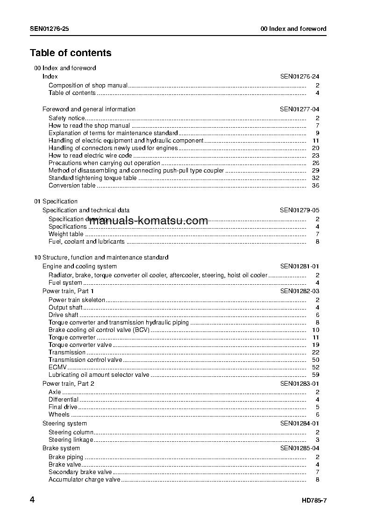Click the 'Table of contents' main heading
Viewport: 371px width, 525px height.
[71, 53]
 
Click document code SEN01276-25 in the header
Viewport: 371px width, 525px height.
[50, 29]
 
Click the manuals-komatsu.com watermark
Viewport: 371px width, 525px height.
[148, 221]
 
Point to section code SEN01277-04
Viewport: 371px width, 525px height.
[300, 109]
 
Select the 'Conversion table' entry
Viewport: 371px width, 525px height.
[72, 186]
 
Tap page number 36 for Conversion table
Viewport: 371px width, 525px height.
[315, 186]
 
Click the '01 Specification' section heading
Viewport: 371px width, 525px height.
[56, 201]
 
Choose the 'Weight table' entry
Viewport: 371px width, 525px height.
[66, 234]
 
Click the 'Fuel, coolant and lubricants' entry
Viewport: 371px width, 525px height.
[86, 242]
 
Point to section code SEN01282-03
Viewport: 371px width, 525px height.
[300, 291]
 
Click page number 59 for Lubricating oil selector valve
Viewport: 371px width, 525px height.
[315, 375]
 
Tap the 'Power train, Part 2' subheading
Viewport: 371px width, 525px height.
[68, 384]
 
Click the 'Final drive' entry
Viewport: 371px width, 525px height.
[63, 407]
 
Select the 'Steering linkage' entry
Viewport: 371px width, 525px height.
[71, 440]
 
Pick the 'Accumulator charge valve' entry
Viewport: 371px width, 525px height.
[84, 480]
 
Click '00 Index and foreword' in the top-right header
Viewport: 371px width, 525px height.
[293, 29]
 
